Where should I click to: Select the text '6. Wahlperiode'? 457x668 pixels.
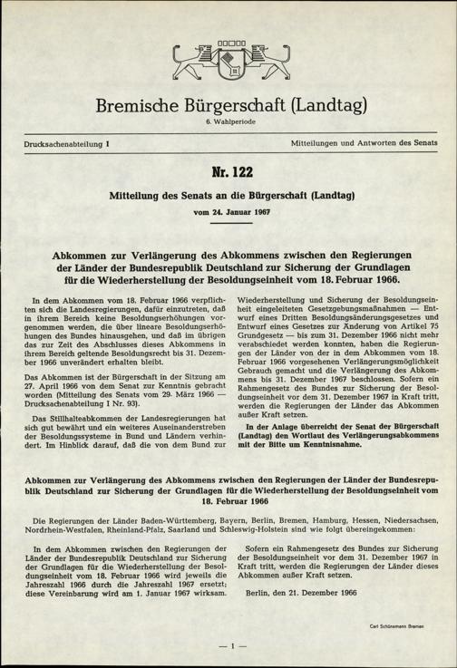pos(228,128)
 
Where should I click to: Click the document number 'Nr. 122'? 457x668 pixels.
pos(228,173)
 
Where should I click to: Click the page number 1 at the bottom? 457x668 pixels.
pos(228,645)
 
